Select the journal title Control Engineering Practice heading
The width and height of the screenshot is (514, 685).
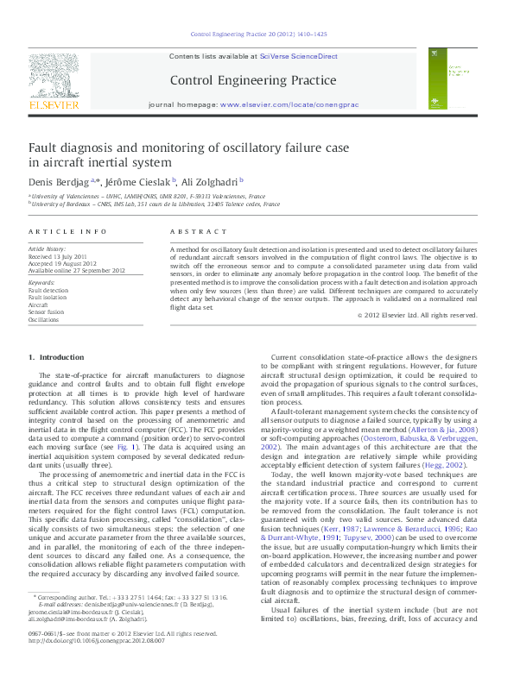click(x=253, y=80)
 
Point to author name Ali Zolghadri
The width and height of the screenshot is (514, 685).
click(x=210, y=181)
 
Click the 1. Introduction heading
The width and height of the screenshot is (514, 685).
click(x=56, y=356)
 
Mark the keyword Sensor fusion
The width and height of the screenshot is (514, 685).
click(x=48, y=311)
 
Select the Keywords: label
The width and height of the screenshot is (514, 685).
click(x=41, y=283)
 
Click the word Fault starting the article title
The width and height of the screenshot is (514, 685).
click(x=43, y=148)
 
